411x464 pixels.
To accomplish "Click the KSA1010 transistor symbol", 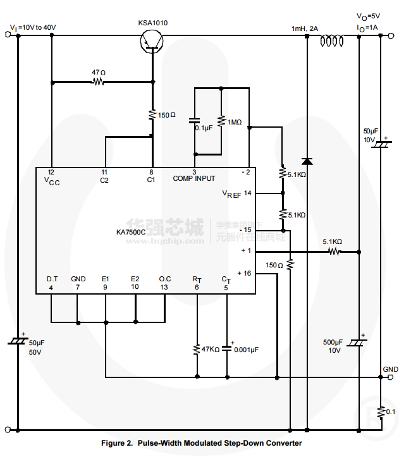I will point(151,40).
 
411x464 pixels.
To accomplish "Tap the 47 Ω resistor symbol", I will point(99,82).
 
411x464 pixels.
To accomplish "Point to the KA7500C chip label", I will point(131,232).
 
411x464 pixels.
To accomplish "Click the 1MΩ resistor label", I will point(234,123).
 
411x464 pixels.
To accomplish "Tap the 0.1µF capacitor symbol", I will point(195,119).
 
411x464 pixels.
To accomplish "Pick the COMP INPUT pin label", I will point(194,179).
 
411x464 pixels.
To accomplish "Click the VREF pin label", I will point(231,193).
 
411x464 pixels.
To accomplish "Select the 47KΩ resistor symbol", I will point(197,349).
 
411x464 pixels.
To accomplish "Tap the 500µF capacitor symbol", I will point(359,342).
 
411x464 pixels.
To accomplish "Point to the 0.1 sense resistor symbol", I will point(381,412).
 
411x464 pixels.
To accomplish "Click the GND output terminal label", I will point(390,369).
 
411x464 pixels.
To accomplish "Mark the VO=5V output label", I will point(368,17).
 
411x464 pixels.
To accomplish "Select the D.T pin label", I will point(52,279).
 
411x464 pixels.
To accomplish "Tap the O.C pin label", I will point(164,279).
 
